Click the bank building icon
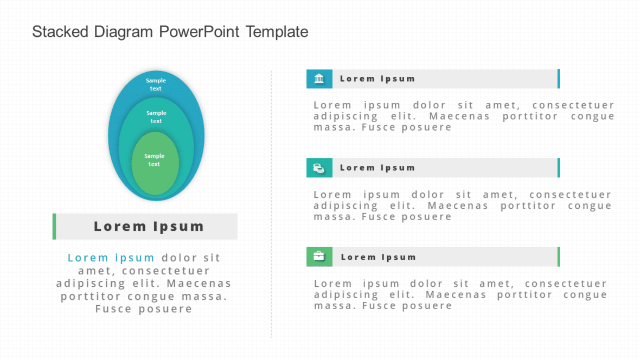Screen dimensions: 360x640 point(319,79)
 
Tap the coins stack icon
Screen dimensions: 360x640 point(319,168)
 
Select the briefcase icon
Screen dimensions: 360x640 point(319,256)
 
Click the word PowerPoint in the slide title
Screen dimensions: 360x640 point(199,32)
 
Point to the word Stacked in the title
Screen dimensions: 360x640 point(61,32)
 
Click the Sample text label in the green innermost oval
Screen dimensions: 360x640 point(155,160)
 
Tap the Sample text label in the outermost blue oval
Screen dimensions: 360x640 point(156,85)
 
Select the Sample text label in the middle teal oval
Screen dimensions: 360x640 point(156,117)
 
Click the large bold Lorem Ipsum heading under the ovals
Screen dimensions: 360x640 point(149,227)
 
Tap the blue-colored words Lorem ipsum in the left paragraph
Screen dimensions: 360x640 point(111,258)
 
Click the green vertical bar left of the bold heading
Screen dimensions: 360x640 point(54,227)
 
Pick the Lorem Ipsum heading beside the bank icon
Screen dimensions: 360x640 point(377,79)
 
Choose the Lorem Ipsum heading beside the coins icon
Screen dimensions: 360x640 point(377,168)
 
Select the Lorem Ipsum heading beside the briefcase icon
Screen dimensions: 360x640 point(378,257)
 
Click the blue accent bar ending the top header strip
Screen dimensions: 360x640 point(558,79)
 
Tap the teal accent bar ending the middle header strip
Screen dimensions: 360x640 point(558,168)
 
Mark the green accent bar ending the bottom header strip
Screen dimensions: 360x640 point(558,257)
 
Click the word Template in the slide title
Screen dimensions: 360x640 point(277,32)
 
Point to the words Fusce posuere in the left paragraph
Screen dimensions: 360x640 point(144,310)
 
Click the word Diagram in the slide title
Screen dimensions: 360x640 point(124,32)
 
